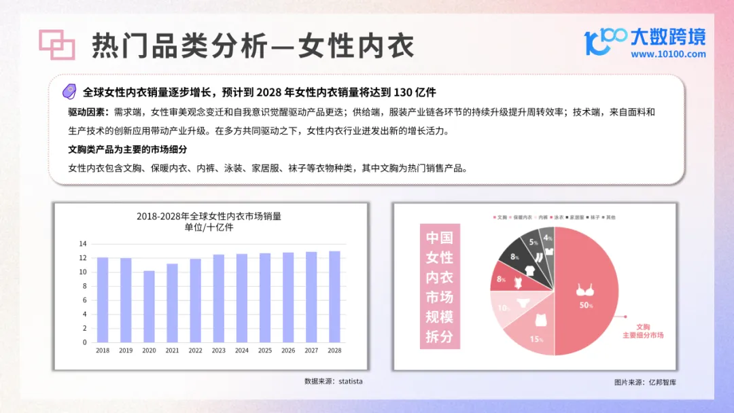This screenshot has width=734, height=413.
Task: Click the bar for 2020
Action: tap(149, 306)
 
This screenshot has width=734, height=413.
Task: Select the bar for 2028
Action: tap(334, 297)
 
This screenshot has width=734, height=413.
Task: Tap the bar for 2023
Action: tap(219, 298)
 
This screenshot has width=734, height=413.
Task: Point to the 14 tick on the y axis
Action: tap(83, 244)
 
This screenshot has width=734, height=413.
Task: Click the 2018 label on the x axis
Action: tap(103, 351)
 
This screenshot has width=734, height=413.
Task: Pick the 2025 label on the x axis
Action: tap(265, 351)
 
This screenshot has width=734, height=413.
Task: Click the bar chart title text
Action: tap(209, 221)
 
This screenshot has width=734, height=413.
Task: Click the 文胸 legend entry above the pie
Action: tap(499, 217)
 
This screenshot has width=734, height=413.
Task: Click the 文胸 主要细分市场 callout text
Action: tap(643, 331)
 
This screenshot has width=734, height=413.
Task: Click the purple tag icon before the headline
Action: tap(69, 92)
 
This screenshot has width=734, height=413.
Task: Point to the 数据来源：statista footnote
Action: tap(333, 381)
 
